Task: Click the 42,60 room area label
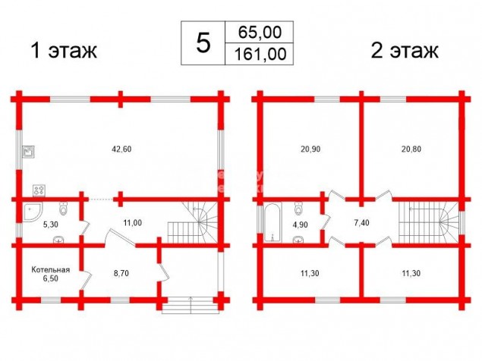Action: (122, 149)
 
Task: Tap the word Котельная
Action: (51, 270)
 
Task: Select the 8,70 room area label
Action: (121, 273)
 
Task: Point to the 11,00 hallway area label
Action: (133, 223)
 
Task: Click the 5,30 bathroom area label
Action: (50, 224)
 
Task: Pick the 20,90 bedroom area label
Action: (310, 149)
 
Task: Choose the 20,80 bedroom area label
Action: (411, 149)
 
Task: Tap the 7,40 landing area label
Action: (361, 223)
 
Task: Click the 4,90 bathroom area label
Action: (300, 224)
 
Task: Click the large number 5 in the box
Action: (203, 43)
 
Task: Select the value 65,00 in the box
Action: (260, 32)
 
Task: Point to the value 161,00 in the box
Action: (260, 54)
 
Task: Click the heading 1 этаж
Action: (64, 50)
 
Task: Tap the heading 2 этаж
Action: (405, 50)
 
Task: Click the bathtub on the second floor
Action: (273, 221)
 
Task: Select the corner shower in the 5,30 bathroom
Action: (33, 212)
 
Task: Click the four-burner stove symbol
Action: (39, 190)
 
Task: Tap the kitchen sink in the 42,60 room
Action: (29, 152)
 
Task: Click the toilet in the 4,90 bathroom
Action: (298, 208)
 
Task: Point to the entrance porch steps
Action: (191, 305)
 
